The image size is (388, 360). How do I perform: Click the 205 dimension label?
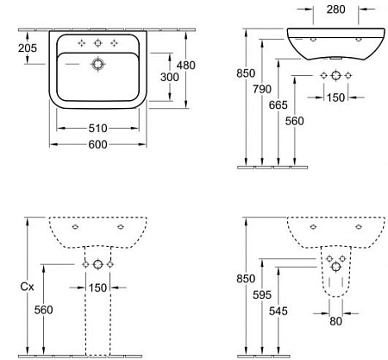(x=28, y=48)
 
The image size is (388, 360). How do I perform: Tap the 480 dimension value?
(x=186, y=66)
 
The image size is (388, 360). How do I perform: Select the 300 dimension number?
(x=170, y=77)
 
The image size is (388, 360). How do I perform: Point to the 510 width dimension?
(x=97, y=129)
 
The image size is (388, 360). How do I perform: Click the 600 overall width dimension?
(x=97, y=144)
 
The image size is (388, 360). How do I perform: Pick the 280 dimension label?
(x=335, y=9)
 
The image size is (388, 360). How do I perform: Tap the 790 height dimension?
(x=262, y=89)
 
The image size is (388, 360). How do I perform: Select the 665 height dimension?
(x=278, y=105)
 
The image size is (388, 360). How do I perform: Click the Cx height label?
(x=28, y=287)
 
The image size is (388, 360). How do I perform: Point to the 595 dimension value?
(x=262, y=294)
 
